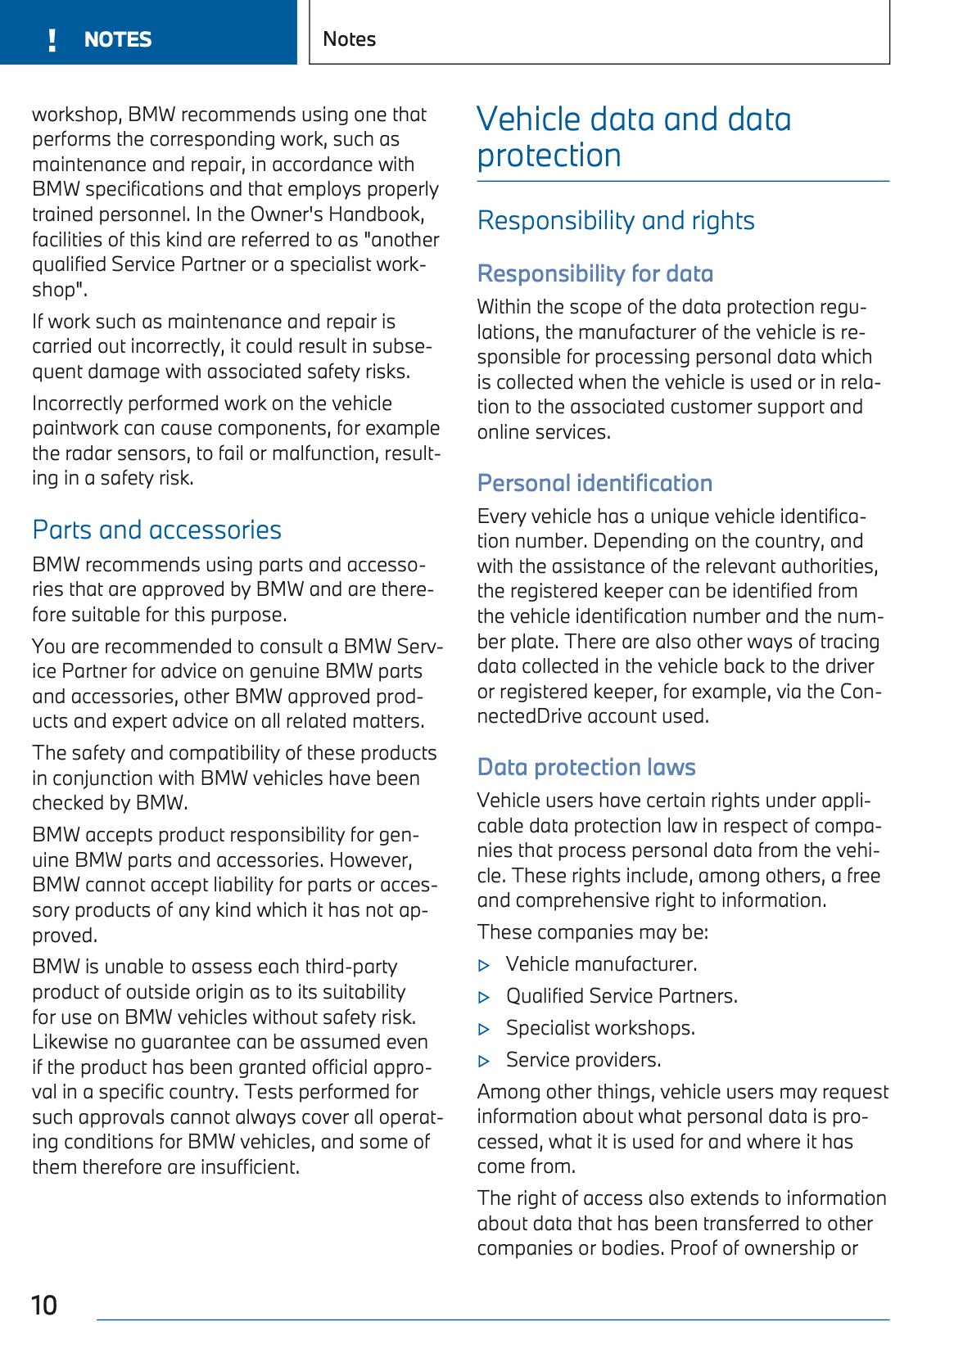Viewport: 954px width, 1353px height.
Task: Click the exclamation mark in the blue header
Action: [52, 40]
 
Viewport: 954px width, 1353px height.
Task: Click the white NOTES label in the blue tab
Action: [118, 40]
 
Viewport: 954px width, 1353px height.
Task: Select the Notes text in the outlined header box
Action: [349, 39]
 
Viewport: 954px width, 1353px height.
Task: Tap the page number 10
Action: [44, 1305]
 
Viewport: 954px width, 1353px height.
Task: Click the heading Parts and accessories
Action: [156, 530]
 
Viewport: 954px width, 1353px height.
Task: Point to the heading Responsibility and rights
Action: [616, 221]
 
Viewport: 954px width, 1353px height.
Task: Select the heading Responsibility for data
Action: [595, 273]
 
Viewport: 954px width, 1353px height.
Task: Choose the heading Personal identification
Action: [595, 483]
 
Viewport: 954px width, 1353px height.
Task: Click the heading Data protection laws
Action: [586, 767]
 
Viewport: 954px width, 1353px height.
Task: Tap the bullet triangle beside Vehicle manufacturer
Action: [484, 966]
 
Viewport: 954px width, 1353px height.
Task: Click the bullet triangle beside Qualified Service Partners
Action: [484, 998]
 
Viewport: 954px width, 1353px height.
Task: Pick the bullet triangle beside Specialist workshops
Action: [484, 1030]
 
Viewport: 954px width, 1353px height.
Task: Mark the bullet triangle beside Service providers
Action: [484, 1062]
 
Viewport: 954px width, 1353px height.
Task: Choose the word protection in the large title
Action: [549, 156]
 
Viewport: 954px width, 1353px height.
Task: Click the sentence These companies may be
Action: [592, 932]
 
